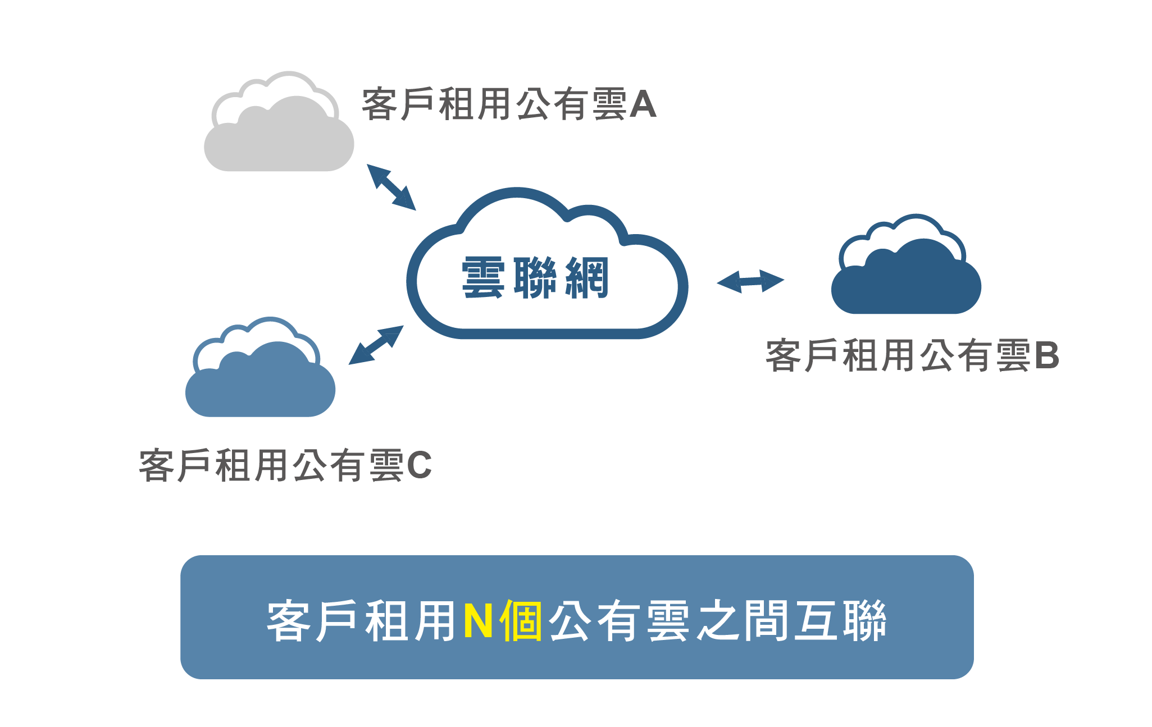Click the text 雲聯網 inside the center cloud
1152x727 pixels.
(535, 278)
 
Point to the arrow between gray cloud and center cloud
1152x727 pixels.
(391, 187)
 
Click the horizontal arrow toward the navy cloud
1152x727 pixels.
(750, 281)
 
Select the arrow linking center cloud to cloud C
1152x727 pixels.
(376, 345)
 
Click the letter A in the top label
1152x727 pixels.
(643, 105)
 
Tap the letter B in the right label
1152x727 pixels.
(1046, 356)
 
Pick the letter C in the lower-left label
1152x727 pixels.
(419, 466)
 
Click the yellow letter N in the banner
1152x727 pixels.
(479, 621)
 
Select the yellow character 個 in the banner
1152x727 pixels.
(521, 621)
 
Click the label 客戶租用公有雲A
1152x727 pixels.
(509, 105)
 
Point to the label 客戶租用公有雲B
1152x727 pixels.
(912, 356)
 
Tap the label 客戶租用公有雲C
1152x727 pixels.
(285, 466)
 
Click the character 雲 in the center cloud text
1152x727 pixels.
(482, 278)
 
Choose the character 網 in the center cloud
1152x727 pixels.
(587, 278)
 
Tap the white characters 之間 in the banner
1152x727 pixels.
(743, 621)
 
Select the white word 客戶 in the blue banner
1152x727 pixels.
(312, 621)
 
